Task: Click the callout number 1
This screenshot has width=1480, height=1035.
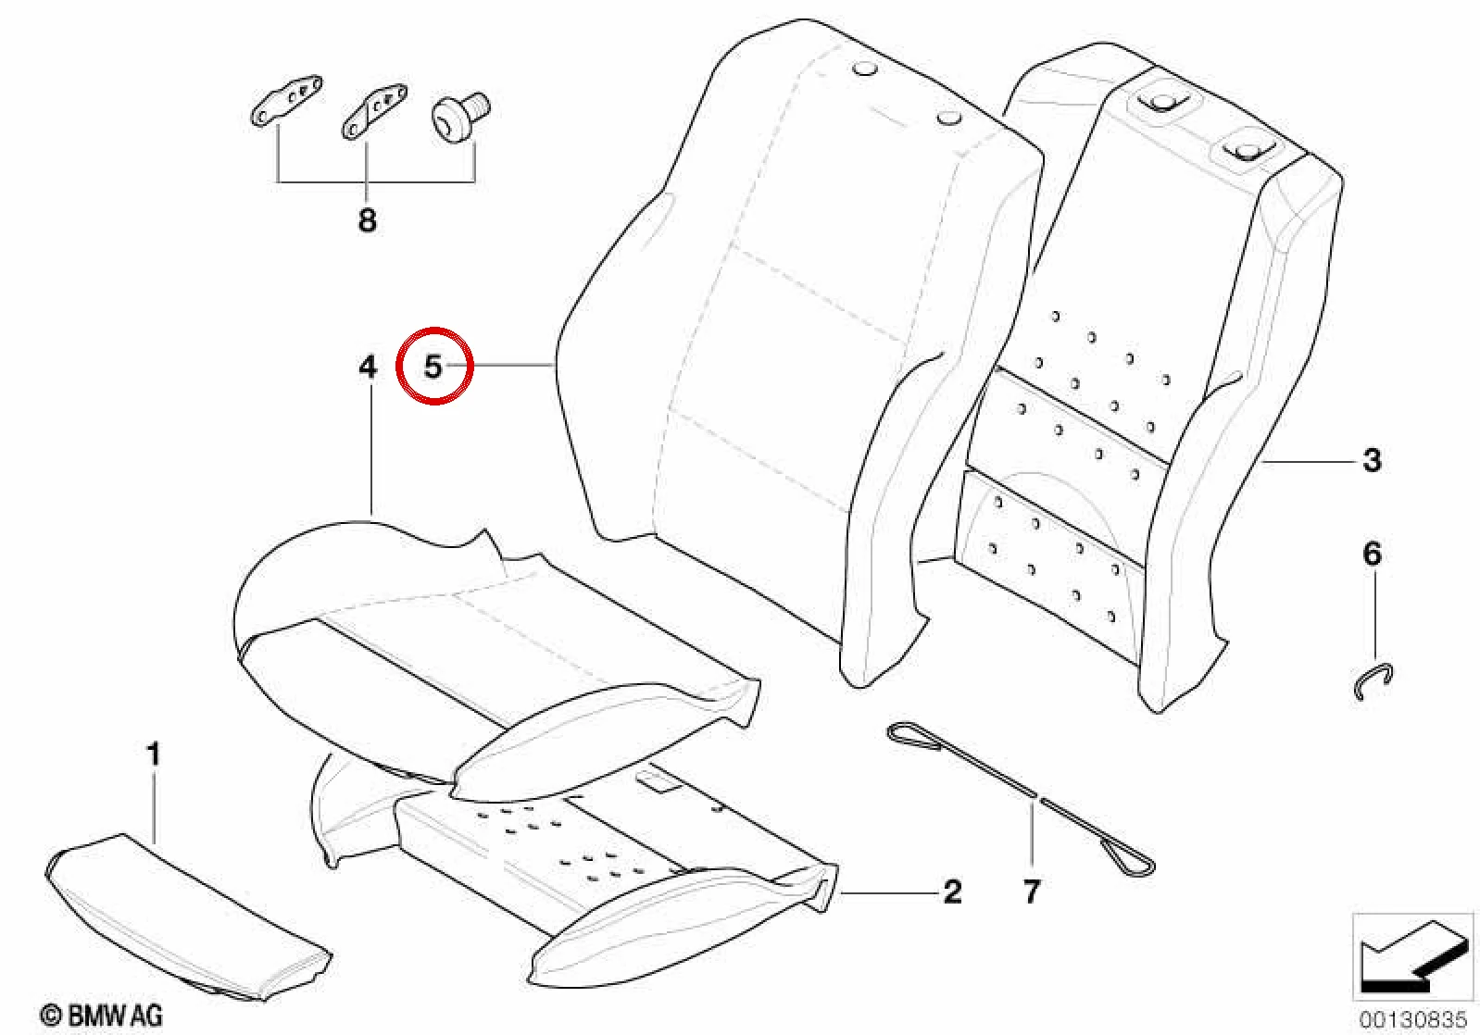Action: coord(154,754)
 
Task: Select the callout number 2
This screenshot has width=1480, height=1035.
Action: coord(952,892)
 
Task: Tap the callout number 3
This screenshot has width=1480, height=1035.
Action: coord(1372,460)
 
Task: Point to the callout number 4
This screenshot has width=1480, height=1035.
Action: coord(368,367)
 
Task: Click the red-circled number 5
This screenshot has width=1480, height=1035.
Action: coord(433,367)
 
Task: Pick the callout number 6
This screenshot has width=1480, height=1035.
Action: coord(1373,554)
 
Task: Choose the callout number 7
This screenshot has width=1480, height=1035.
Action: coord(1032,891)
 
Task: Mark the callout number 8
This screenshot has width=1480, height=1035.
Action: coord(368,219)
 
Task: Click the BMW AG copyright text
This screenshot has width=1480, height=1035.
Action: coord(103,1016)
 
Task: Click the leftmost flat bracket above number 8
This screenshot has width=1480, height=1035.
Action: coord(287,100)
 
